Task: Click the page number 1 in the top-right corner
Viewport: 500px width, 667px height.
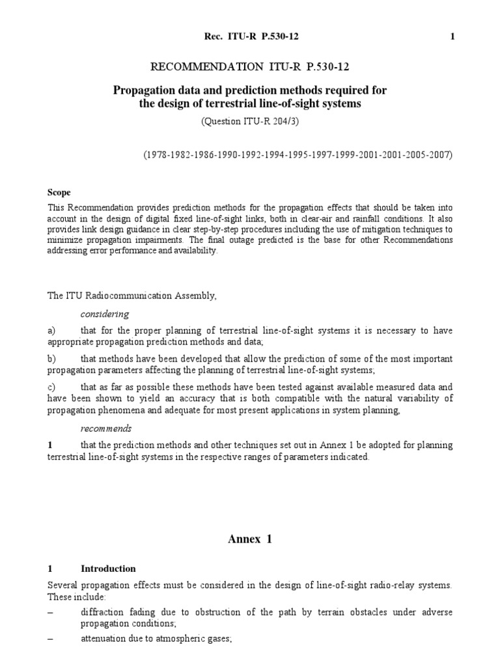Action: (x=452, y=37)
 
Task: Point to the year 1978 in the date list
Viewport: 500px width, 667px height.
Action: (x=157, y=155)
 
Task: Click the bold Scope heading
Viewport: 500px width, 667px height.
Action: (x=59, y=193)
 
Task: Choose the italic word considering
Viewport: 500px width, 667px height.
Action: (x=105, y=314)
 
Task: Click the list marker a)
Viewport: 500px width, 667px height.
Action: (x=52, y=331)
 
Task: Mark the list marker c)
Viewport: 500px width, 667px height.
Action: (x=52, y=387)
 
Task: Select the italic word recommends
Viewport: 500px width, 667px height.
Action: (x=106, y=428)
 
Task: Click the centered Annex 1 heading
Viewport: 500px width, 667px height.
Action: (x=250, y=539)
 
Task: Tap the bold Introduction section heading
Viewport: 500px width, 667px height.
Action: (x=108, y=569)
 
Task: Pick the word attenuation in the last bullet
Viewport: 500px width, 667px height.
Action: (x=104, y=640)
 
